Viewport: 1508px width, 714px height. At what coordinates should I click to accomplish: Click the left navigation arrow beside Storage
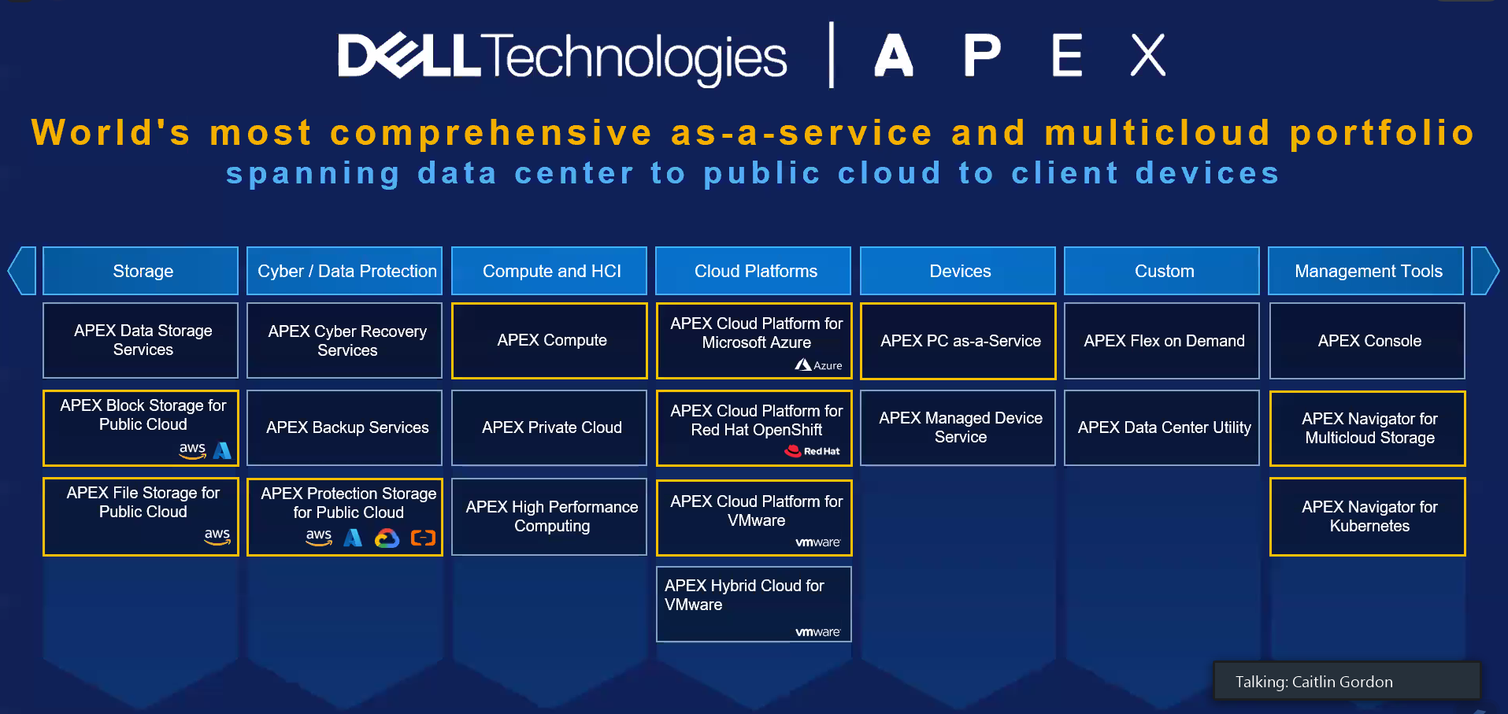[22, 271]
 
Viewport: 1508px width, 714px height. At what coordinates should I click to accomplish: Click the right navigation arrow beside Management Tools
[1484, 271]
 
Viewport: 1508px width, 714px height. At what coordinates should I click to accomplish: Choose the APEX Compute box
[550, 341]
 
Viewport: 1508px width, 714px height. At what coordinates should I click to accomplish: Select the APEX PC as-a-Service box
[958, 341]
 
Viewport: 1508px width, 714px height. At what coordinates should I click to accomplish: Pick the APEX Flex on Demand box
[1162, 341]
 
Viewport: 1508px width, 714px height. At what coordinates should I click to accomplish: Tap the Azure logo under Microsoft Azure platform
[818, 365]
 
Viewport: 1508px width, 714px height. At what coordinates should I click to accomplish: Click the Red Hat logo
[812, 451]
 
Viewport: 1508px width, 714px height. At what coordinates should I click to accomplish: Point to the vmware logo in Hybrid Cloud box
[817, 632]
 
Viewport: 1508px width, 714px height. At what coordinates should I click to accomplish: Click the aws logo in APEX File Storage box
[217, 536]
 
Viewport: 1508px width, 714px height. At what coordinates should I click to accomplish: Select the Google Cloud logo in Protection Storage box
[387, 538]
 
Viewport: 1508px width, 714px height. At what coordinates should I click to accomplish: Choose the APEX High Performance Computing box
[550, 516]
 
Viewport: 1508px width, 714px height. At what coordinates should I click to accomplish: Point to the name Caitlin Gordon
[1342, 682]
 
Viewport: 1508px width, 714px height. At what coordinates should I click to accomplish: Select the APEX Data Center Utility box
[1162, 427]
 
